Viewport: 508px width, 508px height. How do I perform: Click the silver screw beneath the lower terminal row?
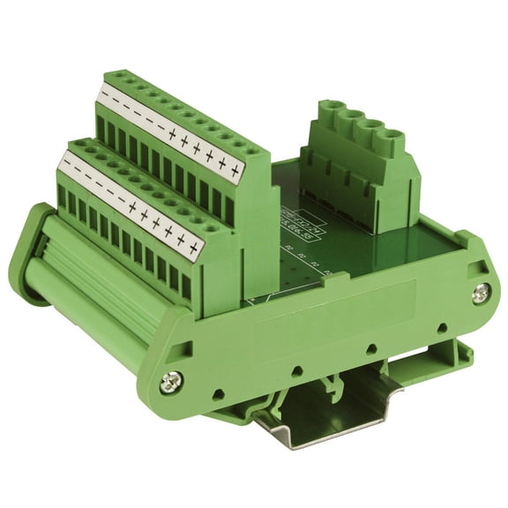(171, 383)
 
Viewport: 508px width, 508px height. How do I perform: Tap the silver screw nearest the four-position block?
(481, 292)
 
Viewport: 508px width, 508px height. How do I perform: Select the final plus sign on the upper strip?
(235, 169)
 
